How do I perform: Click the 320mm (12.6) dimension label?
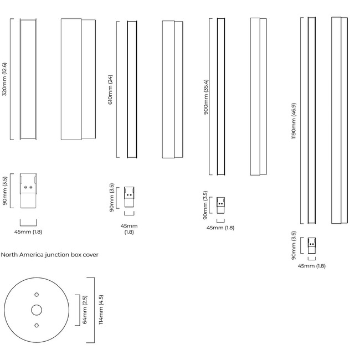[x=4, y=79]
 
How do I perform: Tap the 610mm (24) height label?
[x=110, y=90]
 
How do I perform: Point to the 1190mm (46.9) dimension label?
[x=294, y=120]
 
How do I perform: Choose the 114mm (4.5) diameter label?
[x=101, y=310]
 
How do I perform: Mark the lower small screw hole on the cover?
[x=37, y=326]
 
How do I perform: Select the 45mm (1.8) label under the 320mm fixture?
[x=28, y=232]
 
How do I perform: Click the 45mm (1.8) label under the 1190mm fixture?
[x=312, y=266]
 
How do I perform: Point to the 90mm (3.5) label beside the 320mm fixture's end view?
[x=5, y=191]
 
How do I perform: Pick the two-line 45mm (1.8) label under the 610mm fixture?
[x=129, y=229]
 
